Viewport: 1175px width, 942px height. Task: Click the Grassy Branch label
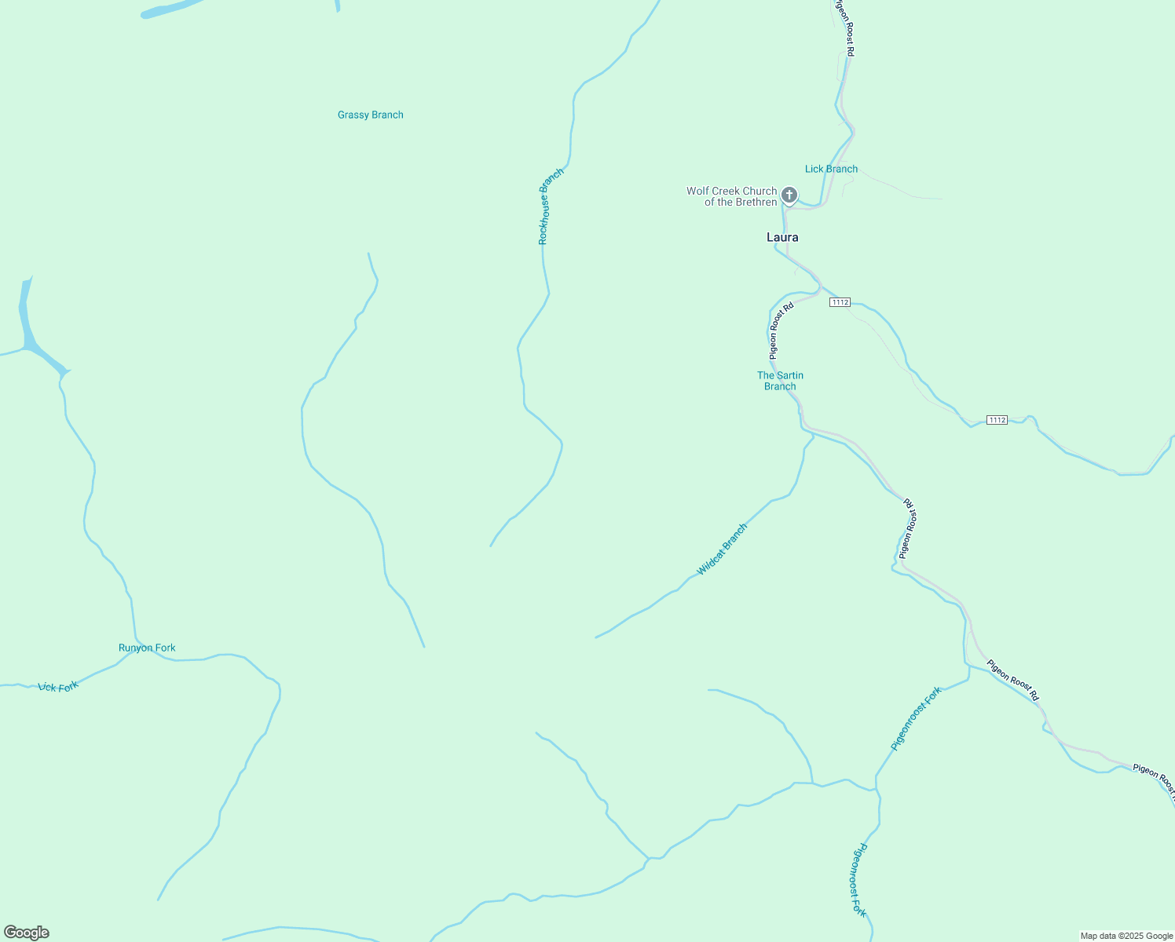coord(370,115)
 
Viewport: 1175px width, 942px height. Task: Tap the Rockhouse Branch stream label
coord(551,206)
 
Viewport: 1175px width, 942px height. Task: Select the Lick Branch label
coord(831,169)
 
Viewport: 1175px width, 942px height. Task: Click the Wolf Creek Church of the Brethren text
coord(731,196)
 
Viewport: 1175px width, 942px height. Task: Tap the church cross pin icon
coord(789,195)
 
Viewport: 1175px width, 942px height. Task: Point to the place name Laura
coord(782,237)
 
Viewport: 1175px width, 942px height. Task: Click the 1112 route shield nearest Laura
coord(840,302)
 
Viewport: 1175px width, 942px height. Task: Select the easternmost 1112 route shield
coord(997,420)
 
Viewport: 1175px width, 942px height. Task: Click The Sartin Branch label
coord(780,381)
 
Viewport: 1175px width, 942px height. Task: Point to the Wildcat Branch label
coord(722,549)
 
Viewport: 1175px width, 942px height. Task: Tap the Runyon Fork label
coord(147,648)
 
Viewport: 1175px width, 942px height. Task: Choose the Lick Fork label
coord(59,687)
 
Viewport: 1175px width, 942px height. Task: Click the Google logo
coord(26,933)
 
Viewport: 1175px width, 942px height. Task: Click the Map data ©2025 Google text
coord(1126,936)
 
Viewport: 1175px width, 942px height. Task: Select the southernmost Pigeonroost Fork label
coord(859,880)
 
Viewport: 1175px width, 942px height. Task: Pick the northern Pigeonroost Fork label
coord(916,718)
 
